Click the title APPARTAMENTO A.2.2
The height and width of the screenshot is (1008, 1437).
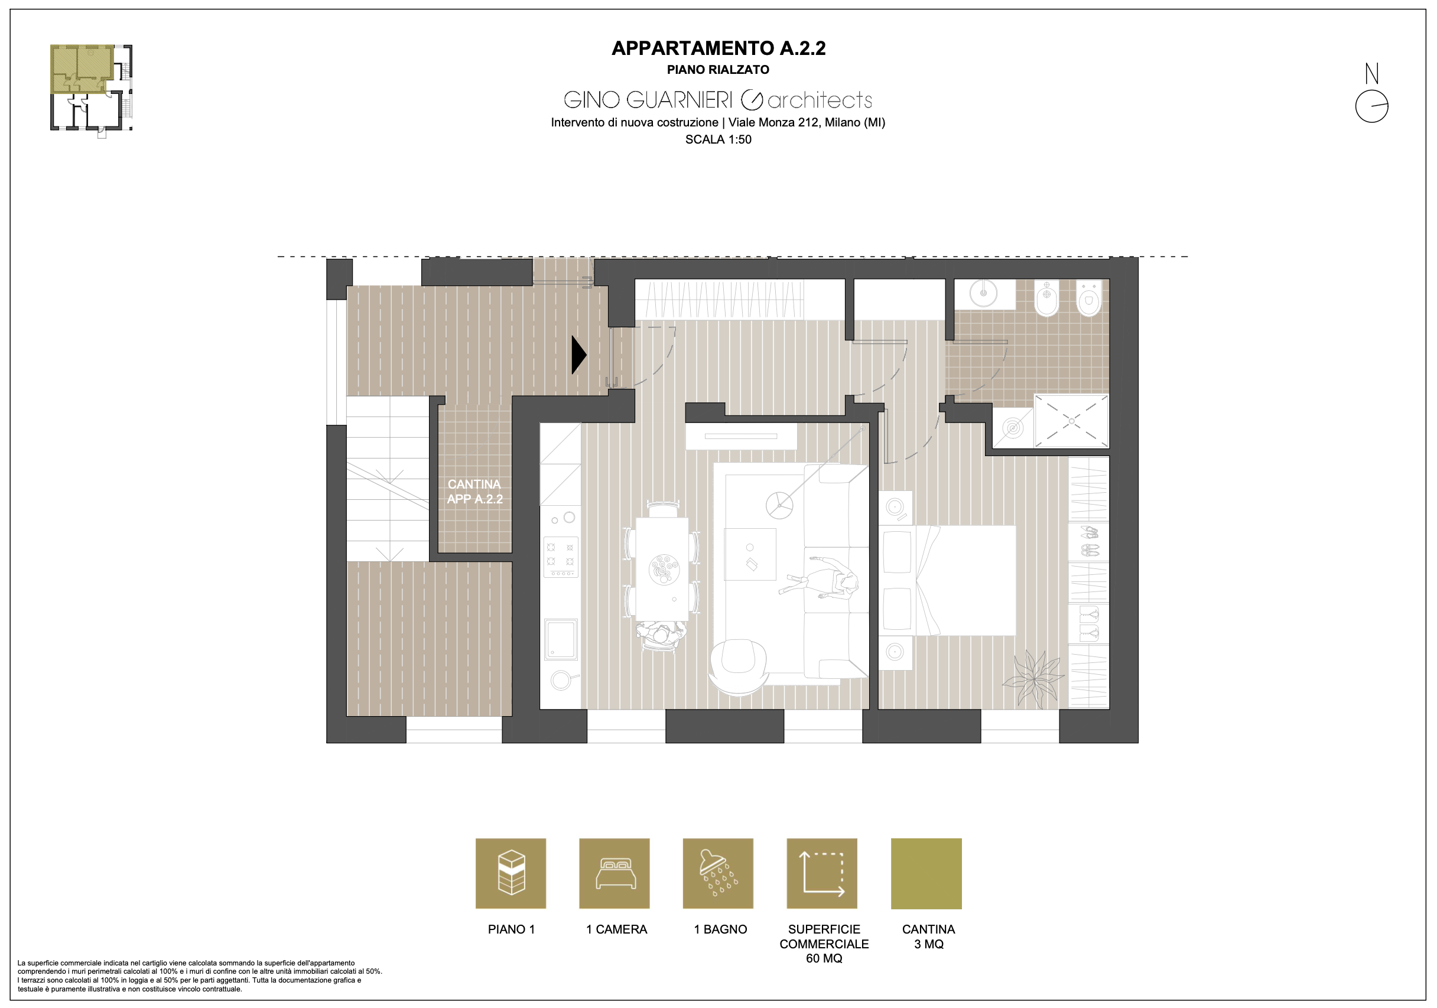click(718, 48)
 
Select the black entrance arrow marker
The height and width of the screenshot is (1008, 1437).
click(579, 355)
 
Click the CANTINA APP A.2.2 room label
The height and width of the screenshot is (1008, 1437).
click(474, 492)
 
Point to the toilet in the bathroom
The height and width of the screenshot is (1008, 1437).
click(1089, 298)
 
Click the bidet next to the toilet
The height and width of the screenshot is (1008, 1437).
click(1046, 298)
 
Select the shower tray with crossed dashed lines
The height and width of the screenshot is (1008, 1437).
click(1071, 421)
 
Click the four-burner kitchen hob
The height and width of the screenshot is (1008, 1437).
click(561, 556)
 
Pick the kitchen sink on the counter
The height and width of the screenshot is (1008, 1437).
click(561, 639)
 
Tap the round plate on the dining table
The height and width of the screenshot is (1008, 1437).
click(664, 570)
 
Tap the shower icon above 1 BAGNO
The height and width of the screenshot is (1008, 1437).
click(718, 873)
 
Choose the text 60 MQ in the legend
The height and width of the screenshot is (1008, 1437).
click(824, 958)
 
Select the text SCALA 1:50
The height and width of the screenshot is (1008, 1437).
click(718, 139)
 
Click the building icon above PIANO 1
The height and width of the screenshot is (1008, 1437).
click(511, 873)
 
